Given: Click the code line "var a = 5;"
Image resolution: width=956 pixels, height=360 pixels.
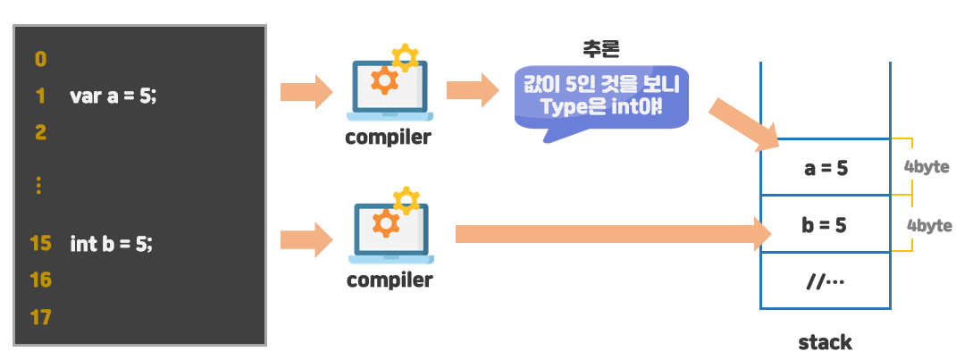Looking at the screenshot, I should (113, 96).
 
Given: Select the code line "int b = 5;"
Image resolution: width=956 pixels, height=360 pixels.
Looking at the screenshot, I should (111, 243).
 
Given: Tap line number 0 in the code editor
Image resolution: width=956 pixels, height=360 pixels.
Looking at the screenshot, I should (40, 60).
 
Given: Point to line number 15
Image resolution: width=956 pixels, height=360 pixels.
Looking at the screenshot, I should (40, 243).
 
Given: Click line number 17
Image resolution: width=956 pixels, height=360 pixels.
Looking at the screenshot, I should (40, 317).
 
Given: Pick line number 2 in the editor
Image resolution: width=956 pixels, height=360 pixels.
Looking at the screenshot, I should (40, 133).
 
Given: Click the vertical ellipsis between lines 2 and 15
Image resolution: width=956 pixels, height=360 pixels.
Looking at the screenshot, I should (39, 186).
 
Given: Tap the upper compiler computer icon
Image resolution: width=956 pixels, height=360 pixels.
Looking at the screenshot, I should (389, 85).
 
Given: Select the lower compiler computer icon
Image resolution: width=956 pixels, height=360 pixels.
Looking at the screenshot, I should (389, 228).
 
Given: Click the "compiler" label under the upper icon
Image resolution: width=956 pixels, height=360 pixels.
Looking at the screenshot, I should (389, 138).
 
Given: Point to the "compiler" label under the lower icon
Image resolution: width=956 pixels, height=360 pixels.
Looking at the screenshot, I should (389, 280).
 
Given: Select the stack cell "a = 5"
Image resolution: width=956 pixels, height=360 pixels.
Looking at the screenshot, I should (825, 168).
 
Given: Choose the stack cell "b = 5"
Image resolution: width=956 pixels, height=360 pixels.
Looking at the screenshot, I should (825, 224).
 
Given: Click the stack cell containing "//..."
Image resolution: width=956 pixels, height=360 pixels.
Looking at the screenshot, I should (825, 280).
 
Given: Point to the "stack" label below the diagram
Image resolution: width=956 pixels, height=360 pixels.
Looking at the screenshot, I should (825, 342).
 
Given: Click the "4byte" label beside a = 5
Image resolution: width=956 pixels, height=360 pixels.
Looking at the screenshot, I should (926, 167).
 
